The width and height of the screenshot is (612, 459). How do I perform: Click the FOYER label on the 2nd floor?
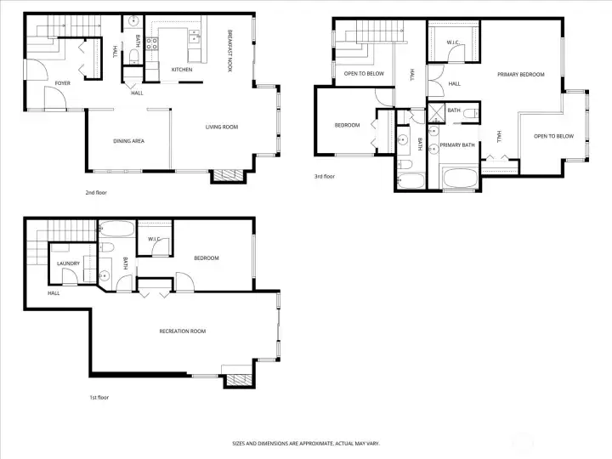point(63,83)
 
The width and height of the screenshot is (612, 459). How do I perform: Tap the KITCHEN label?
point(182,70)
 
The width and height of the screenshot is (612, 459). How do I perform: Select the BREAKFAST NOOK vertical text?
point(229,52)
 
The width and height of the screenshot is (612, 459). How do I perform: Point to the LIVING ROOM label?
point(222,127)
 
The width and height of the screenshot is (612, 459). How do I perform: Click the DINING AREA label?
point(128,140)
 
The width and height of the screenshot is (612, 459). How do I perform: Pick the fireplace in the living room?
point(227,176)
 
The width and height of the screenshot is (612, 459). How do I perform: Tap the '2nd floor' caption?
point(96,193)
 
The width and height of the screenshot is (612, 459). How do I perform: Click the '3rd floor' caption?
point(326,177)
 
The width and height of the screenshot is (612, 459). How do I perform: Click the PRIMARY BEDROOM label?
point(520,75)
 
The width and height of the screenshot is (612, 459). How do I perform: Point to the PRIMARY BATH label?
point(456,145)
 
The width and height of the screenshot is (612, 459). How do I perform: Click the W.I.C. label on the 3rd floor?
point(454,42)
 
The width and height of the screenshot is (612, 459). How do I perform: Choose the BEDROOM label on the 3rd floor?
point(347,126)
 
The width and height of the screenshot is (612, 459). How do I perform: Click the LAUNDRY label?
point(68,263)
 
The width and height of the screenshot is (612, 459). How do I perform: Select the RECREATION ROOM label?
point(183,331)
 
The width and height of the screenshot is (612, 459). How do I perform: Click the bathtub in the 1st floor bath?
point(115,229)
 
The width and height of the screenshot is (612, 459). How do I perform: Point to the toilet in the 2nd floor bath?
point(134,58)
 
